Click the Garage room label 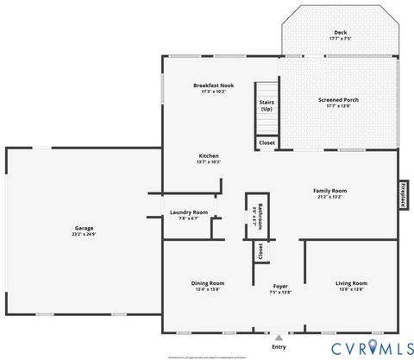(84, 228)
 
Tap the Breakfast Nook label (213, 85)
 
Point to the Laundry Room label (188, 212)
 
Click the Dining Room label (208, 283)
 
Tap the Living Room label (351, 283)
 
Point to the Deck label (340, 33)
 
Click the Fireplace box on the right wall (402, 195)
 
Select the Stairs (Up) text (267, 105)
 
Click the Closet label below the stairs (267, 142)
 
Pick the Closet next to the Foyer (258, 251)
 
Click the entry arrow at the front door (279, 337)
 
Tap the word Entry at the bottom (279, 347)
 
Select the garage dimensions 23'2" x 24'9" (84, 234)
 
